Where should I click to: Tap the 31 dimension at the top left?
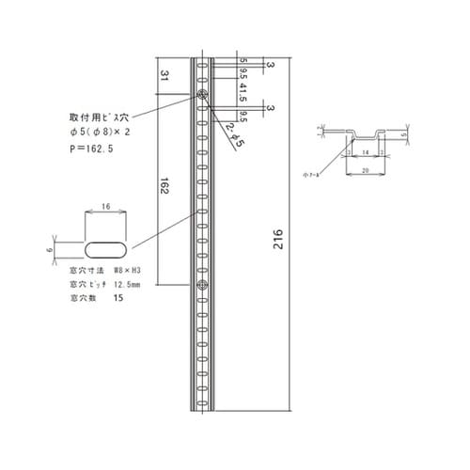coord(164,76)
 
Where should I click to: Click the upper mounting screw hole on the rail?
coord(202,94)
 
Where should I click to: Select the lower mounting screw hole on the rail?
coord(202,283)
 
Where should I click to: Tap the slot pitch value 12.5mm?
coord(128,283)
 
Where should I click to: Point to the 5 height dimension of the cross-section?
coord(405,134)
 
